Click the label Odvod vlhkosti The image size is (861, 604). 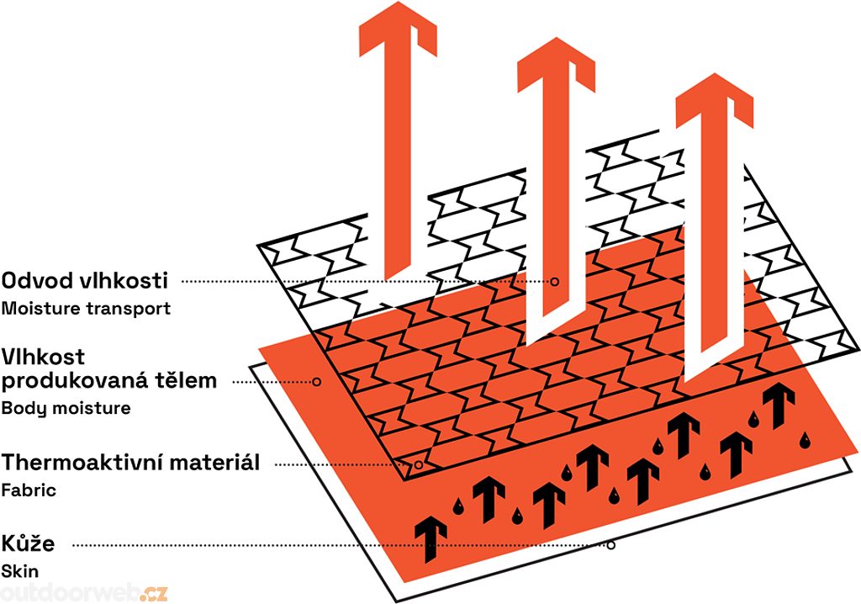pos(87,281)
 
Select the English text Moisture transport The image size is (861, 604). pos(86,308)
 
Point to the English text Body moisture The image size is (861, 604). pos(66,409)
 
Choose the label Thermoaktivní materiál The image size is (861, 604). pos(130,463)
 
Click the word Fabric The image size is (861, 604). pos(29,490)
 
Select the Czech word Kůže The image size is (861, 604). pos(29,543)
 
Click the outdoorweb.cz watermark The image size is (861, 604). pos(84,592)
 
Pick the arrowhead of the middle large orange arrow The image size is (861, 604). pos(556,72)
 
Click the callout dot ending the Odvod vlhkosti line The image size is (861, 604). pos(555,281)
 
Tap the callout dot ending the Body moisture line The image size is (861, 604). pos(317,381)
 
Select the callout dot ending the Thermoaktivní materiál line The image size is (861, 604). pos(418,464)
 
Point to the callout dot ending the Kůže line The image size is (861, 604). pos(611,545)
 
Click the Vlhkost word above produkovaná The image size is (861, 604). pos(43,358)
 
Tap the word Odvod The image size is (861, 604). pos(34,281)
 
